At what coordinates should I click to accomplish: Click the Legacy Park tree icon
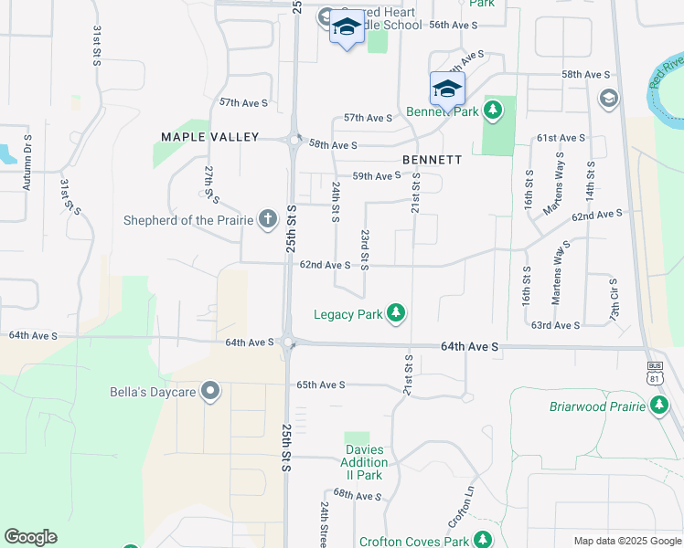point(396,314)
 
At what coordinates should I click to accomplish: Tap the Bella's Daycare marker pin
point(211,393)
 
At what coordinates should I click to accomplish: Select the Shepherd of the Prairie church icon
point(267,218)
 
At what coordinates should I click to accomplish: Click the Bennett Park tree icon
point(493,111)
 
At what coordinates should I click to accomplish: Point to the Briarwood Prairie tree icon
point(659,406)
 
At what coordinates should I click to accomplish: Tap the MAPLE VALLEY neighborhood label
point(210,137)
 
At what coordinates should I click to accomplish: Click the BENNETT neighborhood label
point(432,159)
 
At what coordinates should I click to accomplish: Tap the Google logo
point(30,537)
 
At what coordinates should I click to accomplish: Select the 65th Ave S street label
point(320,385)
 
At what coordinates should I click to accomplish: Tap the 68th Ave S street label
point(357,495)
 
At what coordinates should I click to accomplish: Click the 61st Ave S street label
point(561,138)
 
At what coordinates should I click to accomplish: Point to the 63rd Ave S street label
point(555,325)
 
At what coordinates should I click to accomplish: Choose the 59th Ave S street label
point(377,176)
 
